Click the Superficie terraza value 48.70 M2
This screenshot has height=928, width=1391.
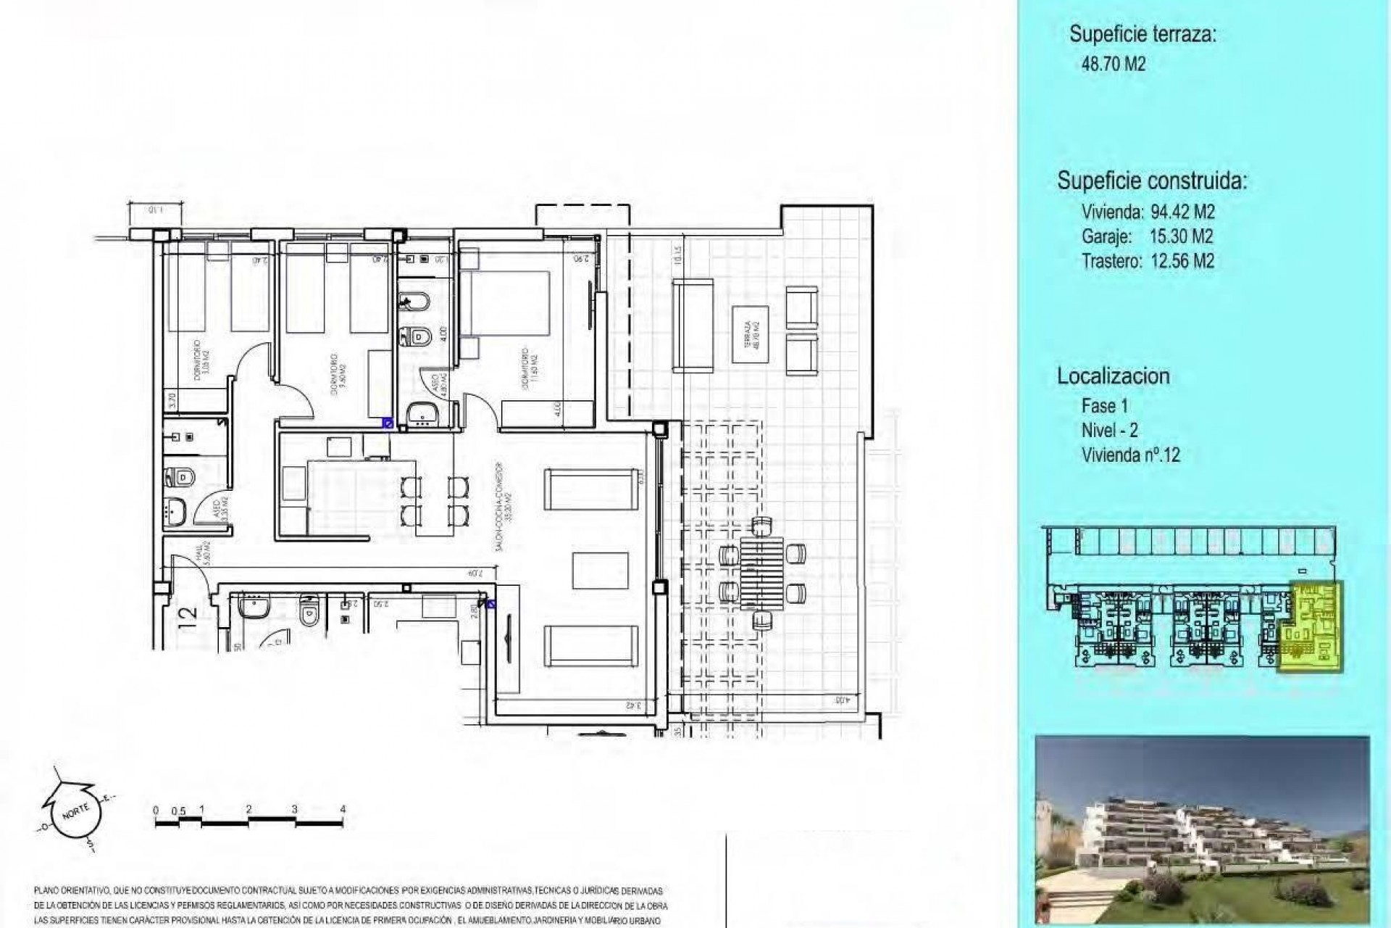(x=1113, y=64)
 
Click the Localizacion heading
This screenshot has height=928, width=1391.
(x=1113, y=376)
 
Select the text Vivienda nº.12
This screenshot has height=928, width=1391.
(x=1130, y=455)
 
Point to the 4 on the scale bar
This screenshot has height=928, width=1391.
(x=343, y=809)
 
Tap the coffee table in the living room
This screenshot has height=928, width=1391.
(x=601, y=571)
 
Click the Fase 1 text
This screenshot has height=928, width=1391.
(x=1104, y=405)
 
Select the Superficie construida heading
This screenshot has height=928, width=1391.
(x=1151, y=180)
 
